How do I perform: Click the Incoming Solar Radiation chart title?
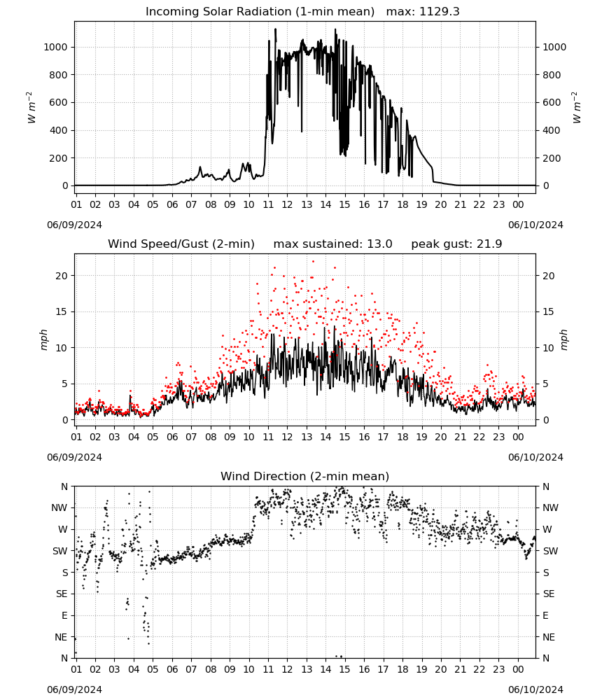click(260, 12)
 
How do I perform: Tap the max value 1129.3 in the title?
click(439, 12)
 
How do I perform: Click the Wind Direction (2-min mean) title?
click(305, 476)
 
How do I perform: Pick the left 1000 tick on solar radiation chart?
click(55, 47)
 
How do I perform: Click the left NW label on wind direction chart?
click(59, 508)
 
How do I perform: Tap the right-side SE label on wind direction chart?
click(549, 594)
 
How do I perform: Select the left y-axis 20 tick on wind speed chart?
click(62, 276)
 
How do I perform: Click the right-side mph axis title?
click(563, 339)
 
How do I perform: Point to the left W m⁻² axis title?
click(31, 108)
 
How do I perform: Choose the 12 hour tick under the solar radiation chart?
click(287, 204)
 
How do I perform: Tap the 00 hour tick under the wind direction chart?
click(518, 669)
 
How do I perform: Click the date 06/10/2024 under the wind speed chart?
click(535, 457)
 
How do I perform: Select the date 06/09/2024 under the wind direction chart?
click(74, 689)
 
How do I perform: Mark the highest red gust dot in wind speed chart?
click(313, 262)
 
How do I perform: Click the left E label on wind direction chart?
click(64, 615)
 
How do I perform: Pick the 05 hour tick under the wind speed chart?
click(153, 437)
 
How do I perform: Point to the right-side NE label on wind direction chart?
click(549, 637)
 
